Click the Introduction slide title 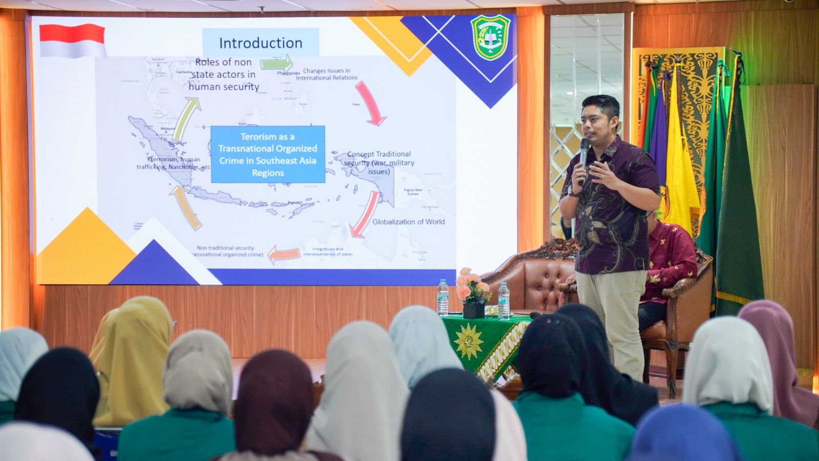(261, 43)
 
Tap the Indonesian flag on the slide (73, 40)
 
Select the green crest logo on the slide (490, 37)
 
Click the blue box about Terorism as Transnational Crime (268, 154)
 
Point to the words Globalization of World (408, 222)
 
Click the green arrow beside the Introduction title (276, 64)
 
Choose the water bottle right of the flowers (504, 302)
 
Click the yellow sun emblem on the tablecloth (468, 341)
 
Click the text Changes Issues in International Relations (327, 74)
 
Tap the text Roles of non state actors (224, 74)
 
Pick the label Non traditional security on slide (226, 251)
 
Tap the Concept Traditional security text (379, 162)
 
